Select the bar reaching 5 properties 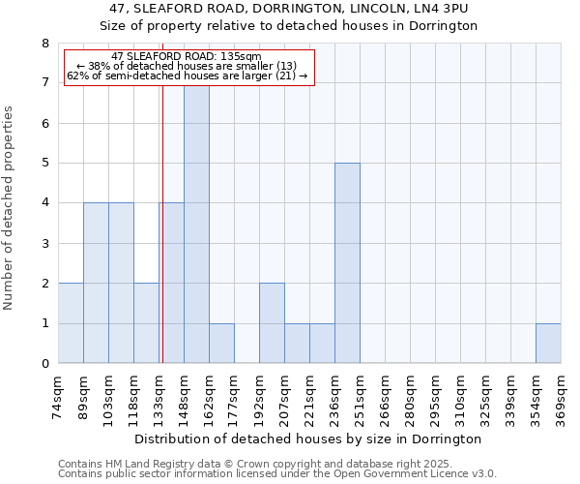pyautogui.click(x=347, y=263)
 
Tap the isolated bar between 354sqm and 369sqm pyautogui.click(x=548, y=344)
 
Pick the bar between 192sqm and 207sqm pyautogui.click(x=272, y=323)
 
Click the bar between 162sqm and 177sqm pyautogui.click(x=221, y=344)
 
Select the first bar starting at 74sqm pyautogui.click(x=71, y=323)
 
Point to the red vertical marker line pyautogui.click(x=162, y=242)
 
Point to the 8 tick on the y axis pyautogui.click(x=44, y=44)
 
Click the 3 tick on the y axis pyautogui.click(x=44, y=244)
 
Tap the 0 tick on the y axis pyautogui.click(x=44, y=364)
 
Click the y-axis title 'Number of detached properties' pyautogui.click(x=10, y=208)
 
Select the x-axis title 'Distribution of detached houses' pyautogui.click(x=309, y=439)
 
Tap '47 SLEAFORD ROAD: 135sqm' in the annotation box pyautogui.click(x=187, y=57)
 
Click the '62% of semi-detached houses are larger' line pyautogui.click(x=187, y=76)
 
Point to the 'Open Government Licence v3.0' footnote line pyautogui.click(x=277, y=474)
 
